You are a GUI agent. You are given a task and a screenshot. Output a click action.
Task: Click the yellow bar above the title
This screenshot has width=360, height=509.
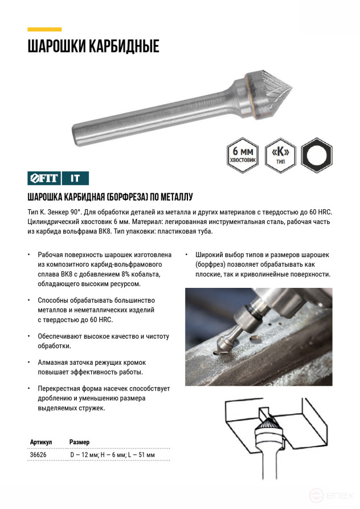coord(44,29)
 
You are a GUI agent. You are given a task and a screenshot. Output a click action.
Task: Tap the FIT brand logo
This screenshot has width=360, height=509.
coord(44,178)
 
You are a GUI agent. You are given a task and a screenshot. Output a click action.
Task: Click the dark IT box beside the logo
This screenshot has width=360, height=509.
coord(75,178)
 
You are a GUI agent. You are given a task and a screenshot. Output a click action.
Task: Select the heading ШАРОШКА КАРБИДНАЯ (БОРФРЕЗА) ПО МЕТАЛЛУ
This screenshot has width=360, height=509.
coord(110,197)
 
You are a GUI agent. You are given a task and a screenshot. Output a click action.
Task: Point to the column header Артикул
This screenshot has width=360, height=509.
coord(40,442)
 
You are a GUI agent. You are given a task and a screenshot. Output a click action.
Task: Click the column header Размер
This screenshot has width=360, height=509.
coord(79,442)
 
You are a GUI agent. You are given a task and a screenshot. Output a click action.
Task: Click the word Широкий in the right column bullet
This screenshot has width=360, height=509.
coord(209,255)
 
